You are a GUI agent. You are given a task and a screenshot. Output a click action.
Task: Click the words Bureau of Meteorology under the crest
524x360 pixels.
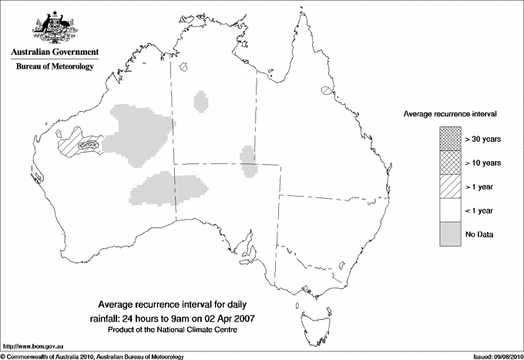[x=54, y=66]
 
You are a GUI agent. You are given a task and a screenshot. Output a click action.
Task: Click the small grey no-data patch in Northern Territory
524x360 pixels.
[x=201, y=101]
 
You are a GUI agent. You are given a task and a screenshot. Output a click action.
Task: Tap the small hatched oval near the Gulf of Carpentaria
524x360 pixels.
[x=325, y=91]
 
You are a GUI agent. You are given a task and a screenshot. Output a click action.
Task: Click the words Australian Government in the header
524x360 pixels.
[x=54, y=52]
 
